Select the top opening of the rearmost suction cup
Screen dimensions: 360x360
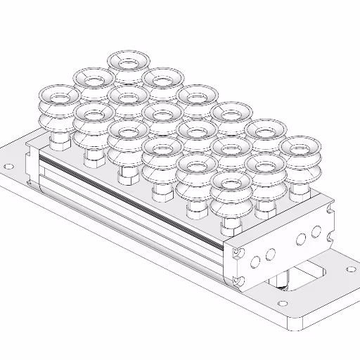127,60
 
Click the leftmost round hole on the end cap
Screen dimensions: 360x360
255,262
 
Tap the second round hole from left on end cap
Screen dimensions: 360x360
270,254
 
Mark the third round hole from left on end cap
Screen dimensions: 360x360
301,238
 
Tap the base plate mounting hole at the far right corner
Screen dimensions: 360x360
349,268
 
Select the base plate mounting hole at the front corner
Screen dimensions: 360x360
283,304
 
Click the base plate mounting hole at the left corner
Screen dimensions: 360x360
8,167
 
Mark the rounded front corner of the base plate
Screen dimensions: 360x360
296,325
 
